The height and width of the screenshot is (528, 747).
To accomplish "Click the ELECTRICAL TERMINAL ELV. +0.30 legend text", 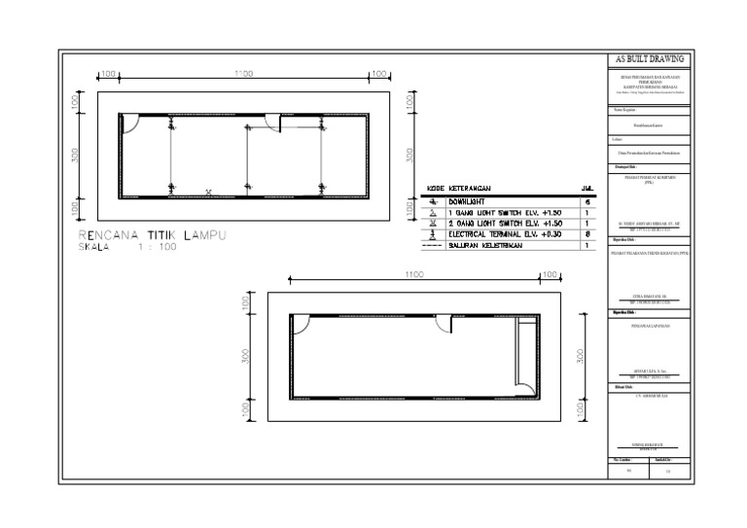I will [x=506, y=234].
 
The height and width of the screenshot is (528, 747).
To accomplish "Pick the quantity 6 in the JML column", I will [x=587, y=200].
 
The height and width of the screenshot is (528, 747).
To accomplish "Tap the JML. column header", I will [x=587, y=188].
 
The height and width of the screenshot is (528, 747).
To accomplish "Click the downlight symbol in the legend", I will [x=434, y=200].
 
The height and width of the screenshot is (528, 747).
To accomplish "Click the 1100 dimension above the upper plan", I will [x=243, y=73].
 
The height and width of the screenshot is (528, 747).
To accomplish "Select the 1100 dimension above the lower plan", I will [x=415, y=275].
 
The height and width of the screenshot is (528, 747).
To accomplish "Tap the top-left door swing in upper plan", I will [x=128, y=122].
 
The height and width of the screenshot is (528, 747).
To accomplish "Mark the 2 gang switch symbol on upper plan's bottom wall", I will [x=208, y=192].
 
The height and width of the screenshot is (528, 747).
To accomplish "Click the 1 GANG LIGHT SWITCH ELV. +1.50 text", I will [x=506, y=211].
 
